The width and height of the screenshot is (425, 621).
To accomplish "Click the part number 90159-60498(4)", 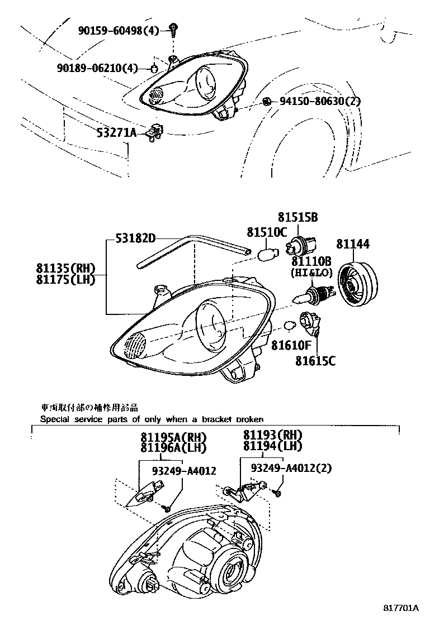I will tap(119, 31).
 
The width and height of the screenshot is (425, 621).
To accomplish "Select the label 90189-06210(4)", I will tap(97, 68).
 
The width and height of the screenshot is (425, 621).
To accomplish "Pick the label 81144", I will tap(353, 244).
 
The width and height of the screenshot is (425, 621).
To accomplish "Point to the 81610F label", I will tap(291, 346).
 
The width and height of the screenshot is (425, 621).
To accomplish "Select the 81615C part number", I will tap(315, 361).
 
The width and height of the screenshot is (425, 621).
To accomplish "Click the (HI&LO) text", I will tap(311, 272).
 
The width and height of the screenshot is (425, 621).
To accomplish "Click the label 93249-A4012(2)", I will tap(291, 468).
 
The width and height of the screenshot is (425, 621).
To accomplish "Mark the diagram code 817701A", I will tap(400, 606).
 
